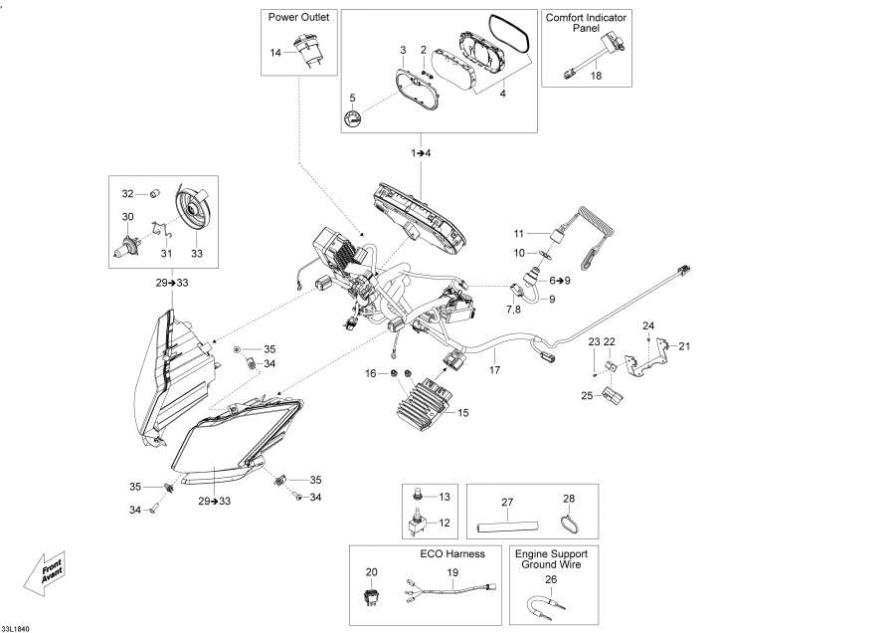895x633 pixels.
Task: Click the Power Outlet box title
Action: (x=299, y=17)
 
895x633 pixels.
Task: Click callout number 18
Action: (x=596, y=76)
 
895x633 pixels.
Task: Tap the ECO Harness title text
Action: (x=451, y=553)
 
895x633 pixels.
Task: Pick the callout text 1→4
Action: (x=422, y=153)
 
